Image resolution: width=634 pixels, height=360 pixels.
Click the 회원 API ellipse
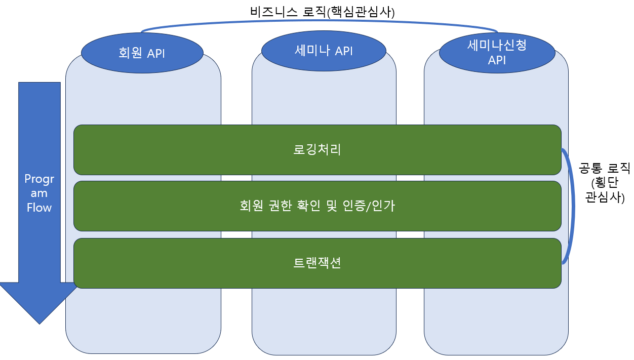(142, 53)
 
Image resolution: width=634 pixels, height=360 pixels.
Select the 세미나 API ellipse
(324, 51)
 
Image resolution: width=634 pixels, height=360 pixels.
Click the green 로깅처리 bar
(317, 150)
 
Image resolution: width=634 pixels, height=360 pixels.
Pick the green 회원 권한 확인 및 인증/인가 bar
(317, 206)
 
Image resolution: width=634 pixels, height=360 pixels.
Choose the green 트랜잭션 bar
(317, 263)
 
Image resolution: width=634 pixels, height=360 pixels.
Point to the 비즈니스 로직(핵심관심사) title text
(322, 12)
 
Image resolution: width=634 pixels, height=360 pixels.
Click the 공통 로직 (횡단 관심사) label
(604, 183)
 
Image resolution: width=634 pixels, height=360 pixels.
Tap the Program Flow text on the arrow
(39, 193)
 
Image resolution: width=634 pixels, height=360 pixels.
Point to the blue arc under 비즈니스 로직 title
(319, 22)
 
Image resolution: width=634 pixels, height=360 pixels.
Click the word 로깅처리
(317, 150)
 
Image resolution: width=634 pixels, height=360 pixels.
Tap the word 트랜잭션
(317, 263)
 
